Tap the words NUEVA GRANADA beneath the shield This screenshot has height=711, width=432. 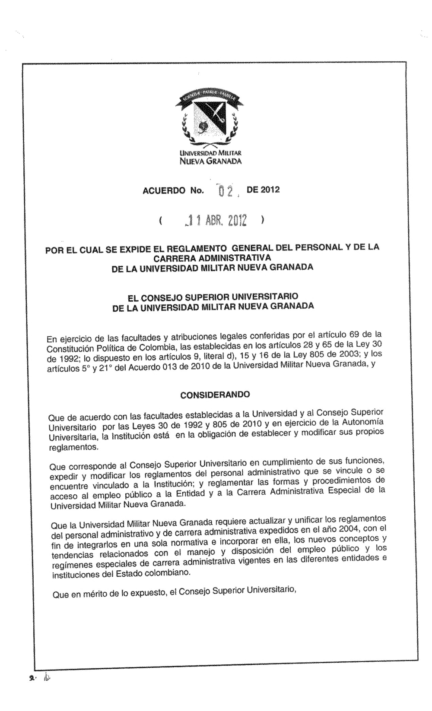(x=211, y=162)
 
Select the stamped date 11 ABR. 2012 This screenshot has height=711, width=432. (x=214, y=221)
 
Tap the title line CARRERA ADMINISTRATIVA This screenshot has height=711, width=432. (x=212, y=258)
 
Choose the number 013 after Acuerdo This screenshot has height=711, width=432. (x=189, y=367)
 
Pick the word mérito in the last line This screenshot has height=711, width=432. (x=95, y=595)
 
